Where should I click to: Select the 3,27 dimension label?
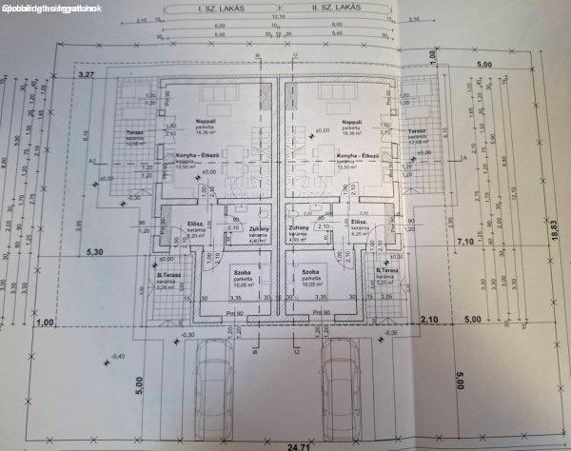pyautogui.click(x=88, y=73)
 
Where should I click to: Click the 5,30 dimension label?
pyautogui.click(x=93, y=252)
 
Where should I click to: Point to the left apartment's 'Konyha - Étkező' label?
pyautogui.click(x=195, y=155)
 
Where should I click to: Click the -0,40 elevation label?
pyautogui.click(x=118, y=356)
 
